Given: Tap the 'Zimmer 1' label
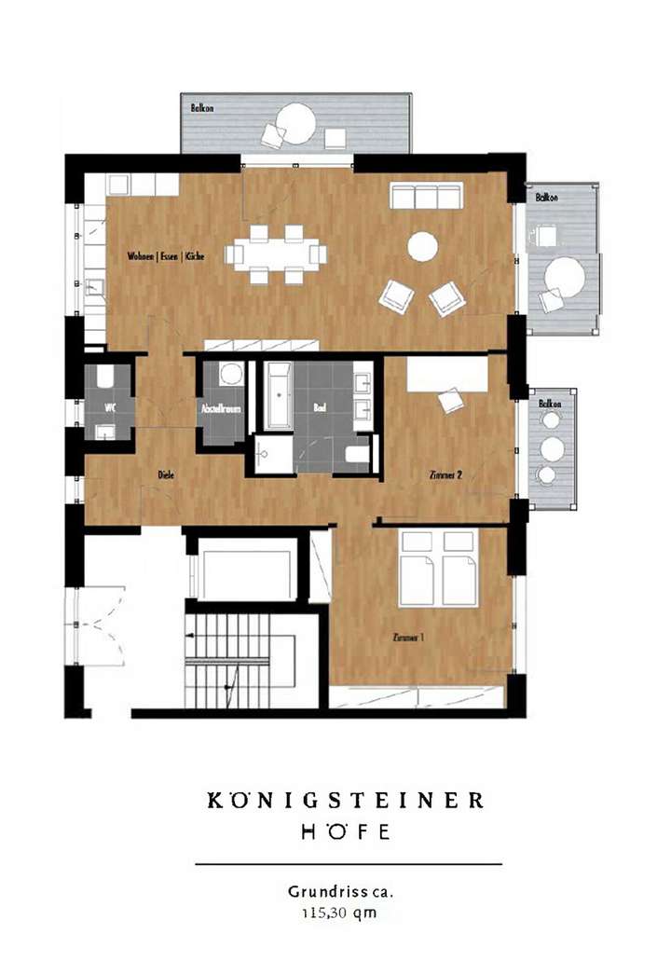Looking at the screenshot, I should coord(409,638).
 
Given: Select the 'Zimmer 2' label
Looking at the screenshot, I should coord(446,474).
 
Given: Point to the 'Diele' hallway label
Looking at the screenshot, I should coord(167,474).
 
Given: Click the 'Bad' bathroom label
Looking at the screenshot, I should coord(320,407).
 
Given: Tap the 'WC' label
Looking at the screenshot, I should coord(109,407).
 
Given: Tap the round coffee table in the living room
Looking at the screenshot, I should coord(422,246).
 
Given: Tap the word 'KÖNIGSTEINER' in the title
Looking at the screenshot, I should coord(346,800).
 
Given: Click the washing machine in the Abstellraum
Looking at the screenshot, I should coord(230,375).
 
